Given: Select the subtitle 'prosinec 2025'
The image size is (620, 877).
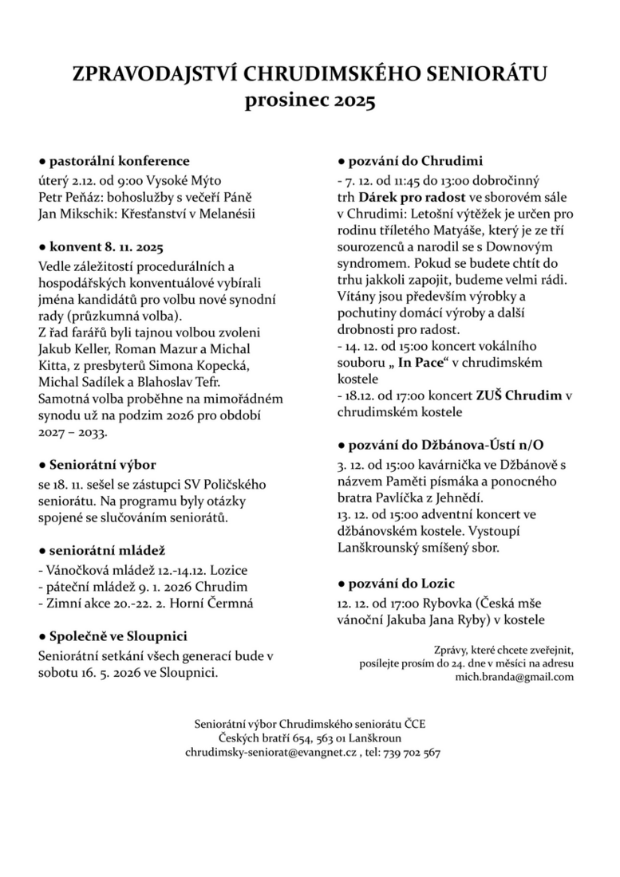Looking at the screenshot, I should tap(309, 101).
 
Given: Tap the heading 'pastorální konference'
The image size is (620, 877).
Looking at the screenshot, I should tap(119, 161).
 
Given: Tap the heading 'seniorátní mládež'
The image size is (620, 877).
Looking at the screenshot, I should tap(107, 551).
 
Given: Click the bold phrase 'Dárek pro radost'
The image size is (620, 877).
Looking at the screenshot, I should tap(407, 196).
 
